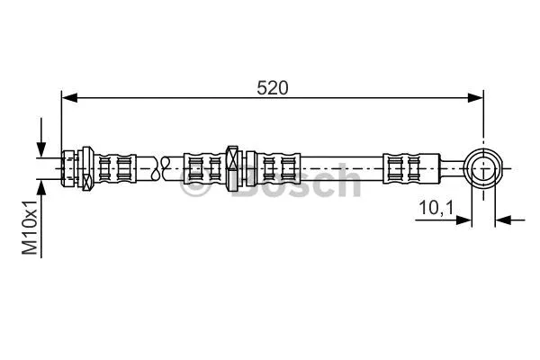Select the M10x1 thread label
pos(31,227)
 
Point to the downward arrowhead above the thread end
pos(41,149)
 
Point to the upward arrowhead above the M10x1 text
pos(41,186)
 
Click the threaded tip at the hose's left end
pos(68,167)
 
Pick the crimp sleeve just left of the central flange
pos(204,167)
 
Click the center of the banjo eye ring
pos(485,167)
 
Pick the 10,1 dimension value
pos(436,208)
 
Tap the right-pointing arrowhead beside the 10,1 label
pos(466,219)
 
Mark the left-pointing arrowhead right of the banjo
pos(503,219)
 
